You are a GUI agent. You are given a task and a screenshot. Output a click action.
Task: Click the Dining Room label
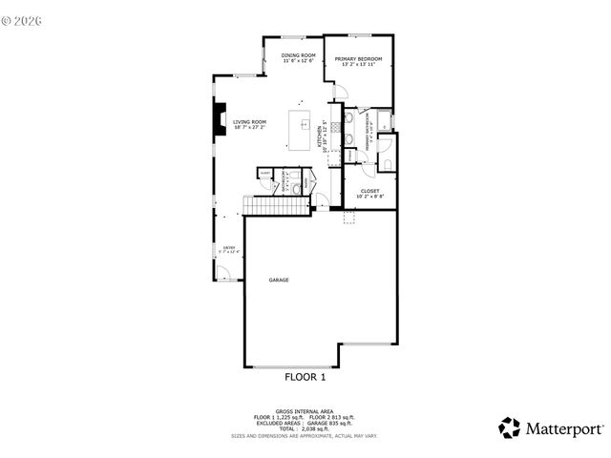(298, 55)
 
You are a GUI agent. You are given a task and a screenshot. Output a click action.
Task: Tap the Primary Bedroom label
(358, 58)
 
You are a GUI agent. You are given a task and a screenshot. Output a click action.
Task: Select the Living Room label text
(249, 122)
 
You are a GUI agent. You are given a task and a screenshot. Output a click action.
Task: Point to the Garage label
(279, 280)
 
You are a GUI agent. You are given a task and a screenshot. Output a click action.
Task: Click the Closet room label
(369, 191)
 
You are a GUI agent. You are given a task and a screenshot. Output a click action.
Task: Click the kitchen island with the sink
(301, 131)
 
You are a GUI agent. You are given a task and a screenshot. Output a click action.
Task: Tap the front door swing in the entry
(222, 274)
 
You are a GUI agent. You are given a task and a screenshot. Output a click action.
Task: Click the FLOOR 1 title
(305, 377)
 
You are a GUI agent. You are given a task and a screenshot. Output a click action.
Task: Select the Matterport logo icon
(510, 428)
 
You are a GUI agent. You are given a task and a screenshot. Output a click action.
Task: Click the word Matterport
(564, 429)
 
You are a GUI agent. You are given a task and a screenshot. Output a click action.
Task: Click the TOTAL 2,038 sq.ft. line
(305, 429)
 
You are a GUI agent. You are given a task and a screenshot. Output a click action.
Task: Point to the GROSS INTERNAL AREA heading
(305, 412)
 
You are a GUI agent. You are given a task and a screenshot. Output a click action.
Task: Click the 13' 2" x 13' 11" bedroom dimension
(358, 65)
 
